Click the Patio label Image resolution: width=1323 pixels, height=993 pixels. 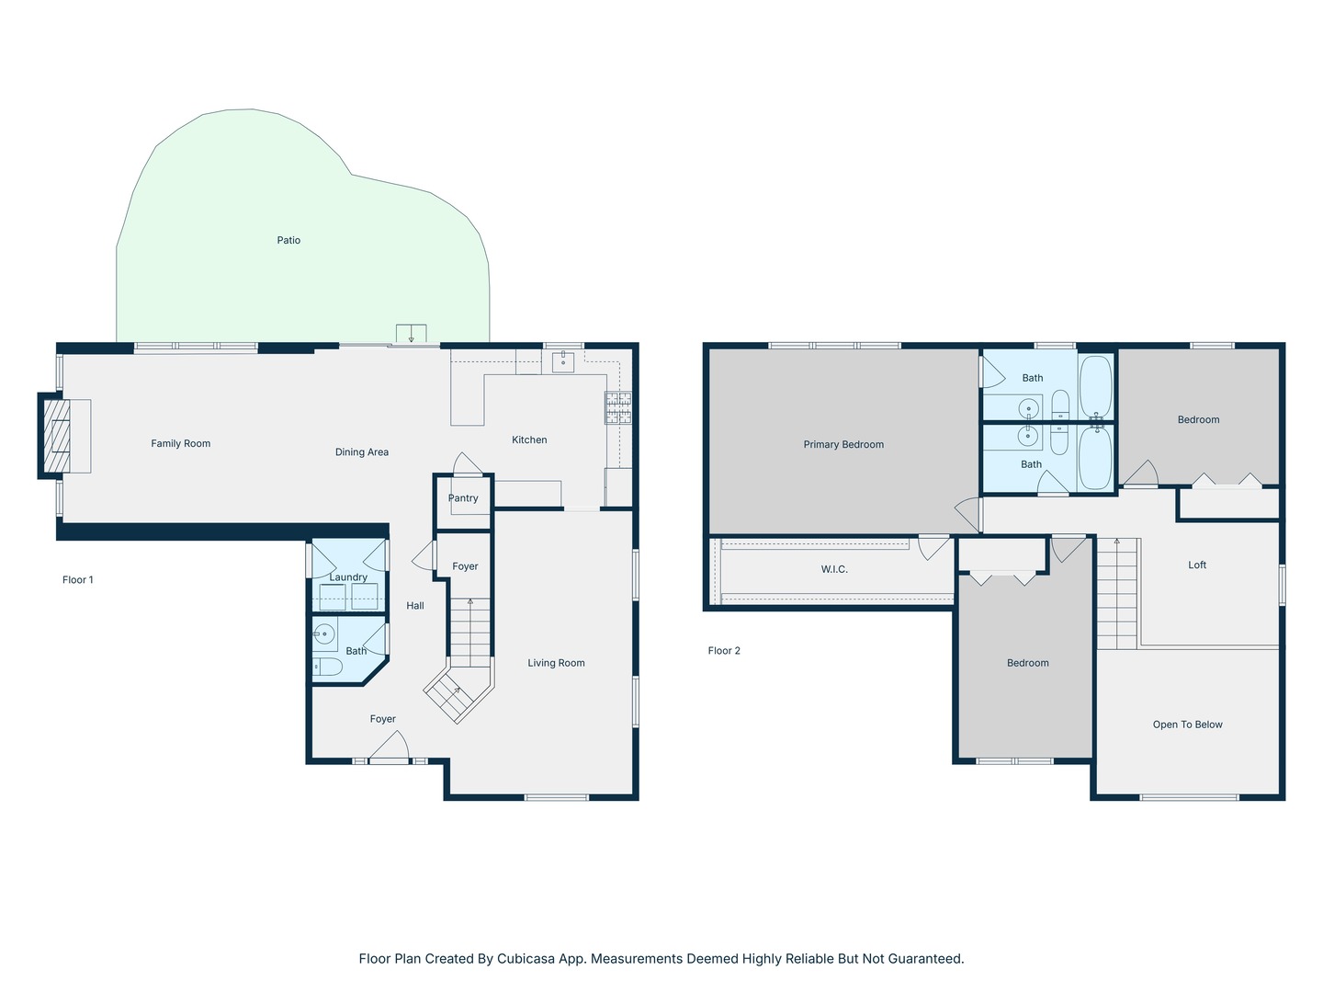[x=288, y=240]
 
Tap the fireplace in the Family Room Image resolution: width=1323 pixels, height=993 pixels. [x=57, y=436]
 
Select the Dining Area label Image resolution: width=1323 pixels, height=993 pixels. [x=362, y=451]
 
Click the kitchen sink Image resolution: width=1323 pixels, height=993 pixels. [x=563, y=361]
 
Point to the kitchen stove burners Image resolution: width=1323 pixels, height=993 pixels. [x=618, y=407]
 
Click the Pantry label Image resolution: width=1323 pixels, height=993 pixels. [x=463, y=498]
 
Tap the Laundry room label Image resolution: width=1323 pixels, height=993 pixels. [x=348, y=577]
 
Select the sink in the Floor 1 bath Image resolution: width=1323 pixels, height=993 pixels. [x=323, y=633]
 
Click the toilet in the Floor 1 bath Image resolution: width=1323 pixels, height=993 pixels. [x=327, y=667]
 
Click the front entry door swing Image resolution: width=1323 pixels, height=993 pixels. [x=390, y=747]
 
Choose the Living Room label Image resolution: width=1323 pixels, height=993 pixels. [x=556, y=663]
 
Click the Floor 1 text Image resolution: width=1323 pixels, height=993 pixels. [x=78, y=579]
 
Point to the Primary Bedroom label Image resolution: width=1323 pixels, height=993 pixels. [x=843, y=444]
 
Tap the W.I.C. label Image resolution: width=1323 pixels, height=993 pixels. [x=834, y=568]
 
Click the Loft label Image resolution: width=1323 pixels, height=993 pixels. [x=1197, y=565]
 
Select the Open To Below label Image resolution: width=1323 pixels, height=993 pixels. [x=1187, y=725]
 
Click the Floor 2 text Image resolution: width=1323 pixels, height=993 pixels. [x=724, y=650]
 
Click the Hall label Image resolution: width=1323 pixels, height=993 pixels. [x=414, y=605]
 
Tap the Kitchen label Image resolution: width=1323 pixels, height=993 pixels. [x=529, y=439]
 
